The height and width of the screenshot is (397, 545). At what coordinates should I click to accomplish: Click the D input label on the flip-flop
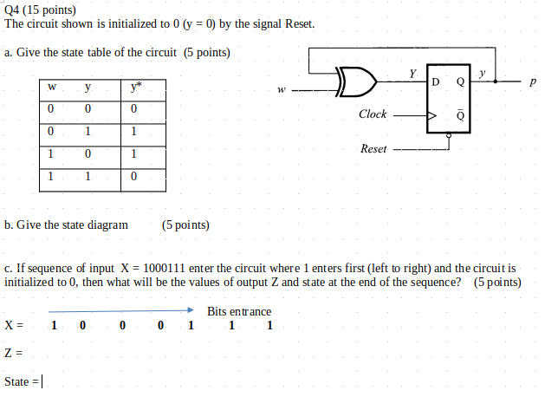(435, 83)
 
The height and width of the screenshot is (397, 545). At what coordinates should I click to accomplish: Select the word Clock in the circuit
(373, 114)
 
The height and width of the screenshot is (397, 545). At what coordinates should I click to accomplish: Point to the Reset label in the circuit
(373, 149)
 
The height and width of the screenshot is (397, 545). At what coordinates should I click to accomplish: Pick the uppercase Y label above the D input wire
(413, 74)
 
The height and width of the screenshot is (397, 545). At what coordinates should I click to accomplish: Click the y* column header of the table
(133, 87)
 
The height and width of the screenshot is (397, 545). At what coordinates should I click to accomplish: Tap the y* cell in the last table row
(133, 177)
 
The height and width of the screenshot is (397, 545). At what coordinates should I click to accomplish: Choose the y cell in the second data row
(88, 132)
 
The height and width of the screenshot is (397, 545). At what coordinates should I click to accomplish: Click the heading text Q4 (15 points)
(41, 9)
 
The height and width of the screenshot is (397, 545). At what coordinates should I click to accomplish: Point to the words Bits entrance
(239, 311)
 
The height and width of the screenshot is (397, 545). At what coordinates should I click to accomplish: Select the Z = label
(12, 353)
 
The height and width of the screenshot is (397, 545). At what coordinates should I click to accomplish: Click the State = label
(22, 381)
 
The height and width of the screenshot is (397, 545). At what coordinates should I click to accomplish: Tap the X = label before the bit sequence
(13, 327)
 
